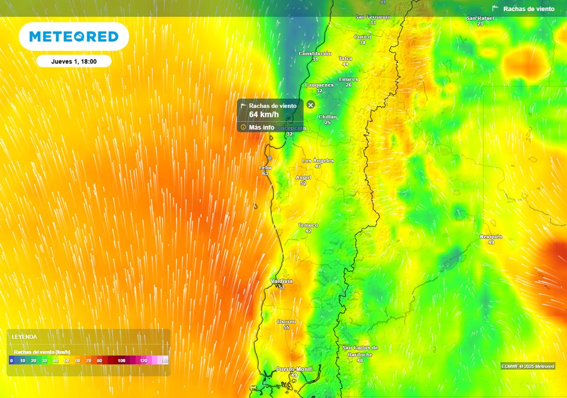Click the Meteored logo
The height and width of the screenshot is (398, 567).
(74, 36)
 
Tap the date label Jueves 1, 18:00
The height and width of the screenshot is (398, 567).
(74, 61)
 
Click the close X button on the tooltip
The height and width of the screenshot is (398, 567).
(311, 104)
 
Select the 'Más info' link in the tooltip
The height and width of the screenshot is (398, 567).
(261, 127)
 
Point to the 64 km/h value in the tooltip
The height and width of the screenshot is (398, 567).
(264, 114)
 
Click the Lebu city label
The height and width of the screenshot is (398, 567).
(265, 167)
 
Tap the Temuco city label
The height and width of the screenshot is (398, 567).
(308, 225)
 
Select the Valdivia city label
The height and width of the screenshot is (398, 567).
(281, 281)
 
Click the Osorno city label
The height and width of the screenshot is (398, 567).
(286, 322)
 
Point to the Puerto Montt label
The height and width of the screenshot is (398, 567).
(294, 369)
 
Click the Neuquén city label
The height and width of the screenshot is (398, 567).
(491, 237)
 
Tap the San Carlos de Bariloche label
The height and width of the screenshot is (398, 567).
(360, 351)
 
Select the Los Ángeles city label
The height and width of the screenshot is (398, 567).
(318, 160)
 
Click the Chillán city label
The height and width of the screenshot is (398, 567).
(328, 117)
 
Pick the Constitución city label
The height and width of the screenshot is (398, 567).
(315, 54)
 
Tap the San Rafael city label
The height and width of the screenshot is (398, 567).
(480, 18)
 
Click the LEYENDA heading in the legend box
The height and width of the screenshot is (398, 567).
(25, 337)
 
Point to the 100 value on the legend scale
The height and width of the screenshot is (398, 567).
(121, 360)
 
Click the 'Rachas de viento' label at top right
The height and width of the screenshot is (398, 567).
(528, 9)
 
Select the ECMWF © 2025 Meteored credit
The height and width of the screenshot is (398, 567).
(528, 366)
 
